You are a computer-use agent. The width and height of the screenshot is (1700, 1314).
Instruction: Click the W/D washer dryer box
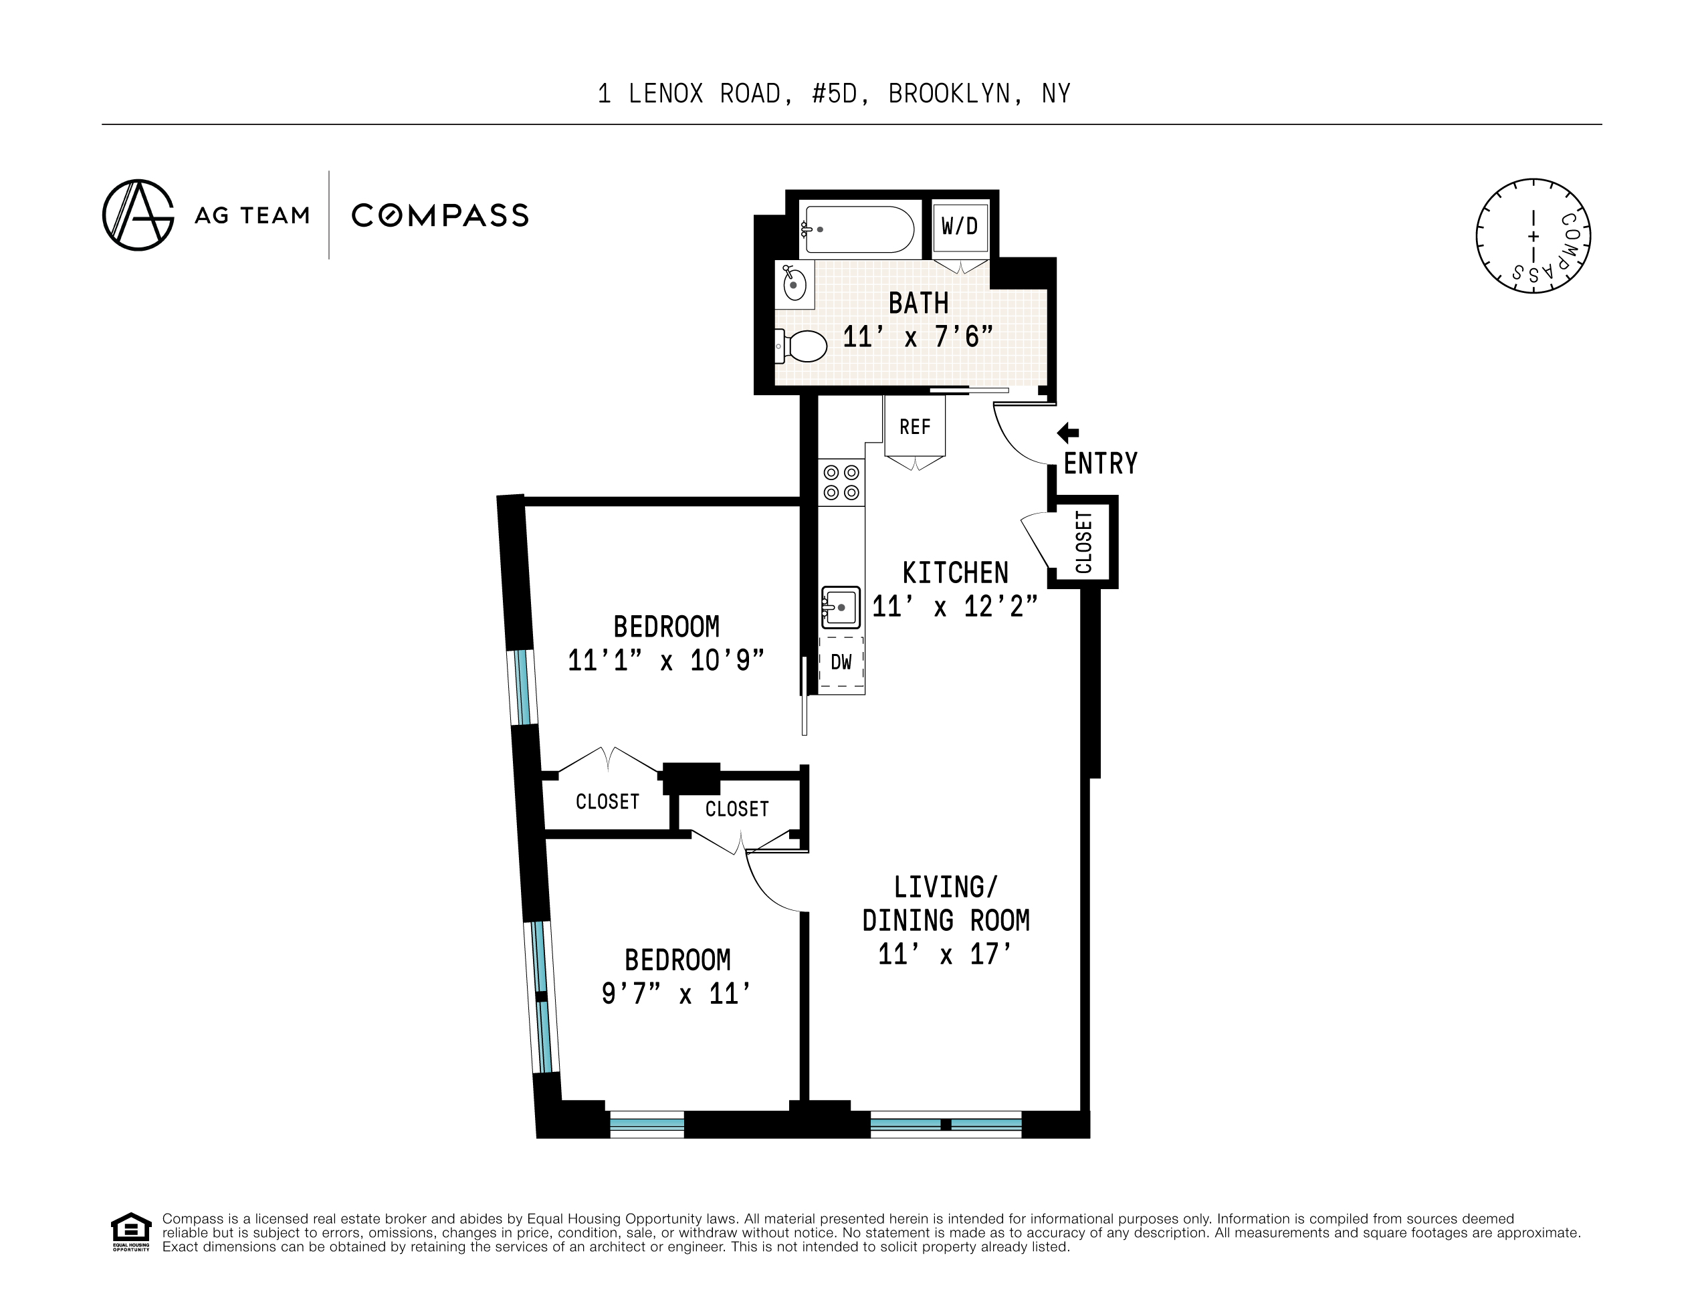(960, 227)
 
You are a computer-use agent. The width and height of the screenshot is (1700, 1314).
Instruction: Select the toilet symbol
(802, 346)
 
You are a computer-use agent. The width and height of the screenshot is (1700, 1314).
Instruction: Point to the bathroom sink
(793, 284)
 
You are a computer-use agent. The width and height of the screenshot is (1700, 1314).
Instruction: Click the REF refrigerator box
(915, 427)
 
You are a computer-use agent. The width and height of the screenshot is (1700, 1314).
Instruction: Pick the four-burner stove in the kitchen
(841, 482)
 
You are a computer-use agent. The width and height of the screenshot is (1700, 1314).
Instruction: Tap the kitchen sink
(841, 607)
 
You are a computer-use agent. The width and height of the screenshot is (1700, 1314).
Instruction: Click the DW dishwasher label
(841, 663)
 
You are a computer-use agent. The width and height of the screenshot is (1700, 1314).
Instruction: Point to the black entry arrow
(1067, 433)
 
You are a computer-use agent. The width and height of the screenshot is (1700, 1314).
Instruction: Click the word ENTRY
(1100, 464)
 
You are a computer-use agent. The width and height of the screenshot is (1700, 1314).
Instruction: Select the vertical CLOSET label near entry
(1083, 542)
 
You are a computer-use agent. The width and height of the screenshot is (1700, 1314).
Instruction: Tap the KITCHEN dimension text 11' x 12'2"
(954, 607)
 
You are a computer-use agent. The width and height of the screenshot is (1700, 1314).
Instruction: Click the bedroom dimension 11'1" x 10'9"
(665, 661)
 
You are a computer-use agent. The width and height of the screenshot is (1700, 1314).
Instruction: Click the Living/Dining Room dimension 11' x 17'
(944, 954)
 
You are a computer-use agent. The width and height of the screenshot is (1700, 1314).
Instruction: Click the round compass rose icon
(1532, 236)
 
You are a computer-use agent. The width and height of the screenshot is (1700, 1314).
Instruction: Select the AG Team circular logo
(138, 215)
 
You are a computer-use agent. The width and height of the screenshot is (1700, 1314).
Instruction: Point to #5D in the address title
(834, 94)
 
